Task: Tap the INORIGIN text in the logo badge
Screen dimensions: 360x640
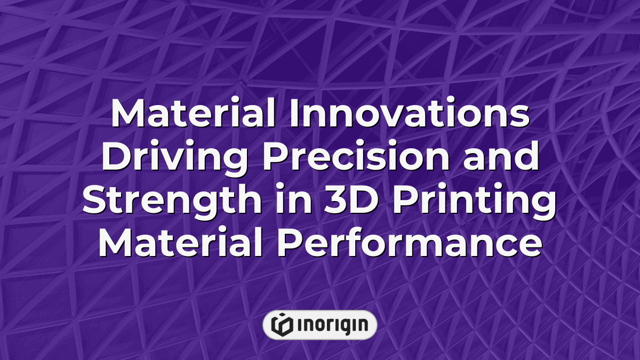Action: click(331, 325)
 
